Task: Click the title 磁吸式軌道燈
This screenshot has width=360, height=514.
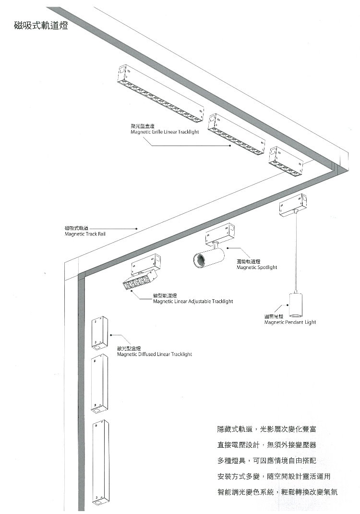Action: tap(41, 25)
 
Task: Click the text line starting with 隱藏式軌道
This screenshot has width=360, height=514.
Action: tap(266, 428)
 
